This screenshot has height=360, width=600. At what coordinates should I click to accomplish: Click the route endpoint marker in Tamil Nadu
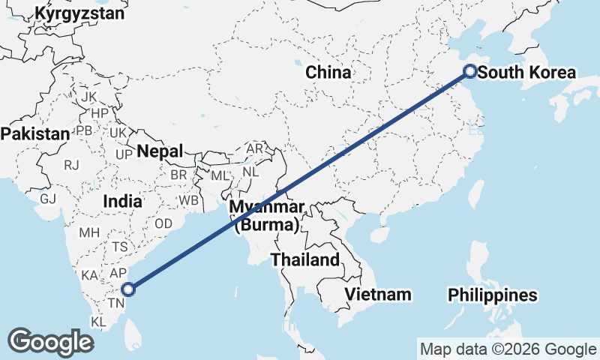128,289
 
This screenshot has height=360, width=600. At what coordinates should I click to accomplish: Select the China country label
328,73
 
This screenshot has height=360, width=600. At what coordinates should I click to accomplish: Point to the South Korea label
526,73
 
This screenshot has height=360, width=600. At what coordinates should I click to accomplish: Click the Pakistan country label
34,133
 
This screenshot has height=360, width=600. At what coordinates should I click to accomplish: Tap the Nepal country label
159,151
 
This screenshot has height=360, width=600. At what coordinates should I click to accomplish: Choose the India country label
123,201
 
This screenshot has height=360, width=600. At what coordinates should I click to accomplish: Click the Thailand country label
305,260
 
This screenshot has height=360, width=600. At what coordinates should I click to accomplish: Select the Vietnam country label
378,294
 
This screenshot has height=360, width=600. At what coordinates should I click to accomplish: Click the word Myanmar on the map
267,207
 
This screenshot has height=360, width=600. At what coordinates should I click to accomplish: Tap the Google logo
50,342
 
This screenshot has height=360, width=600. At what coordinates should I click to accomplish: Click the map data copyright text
508,349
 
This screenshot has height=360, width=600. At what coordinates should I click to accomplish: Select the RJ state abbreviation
71,165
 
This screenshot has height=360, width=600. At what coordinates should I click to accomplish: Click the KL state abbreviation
98,322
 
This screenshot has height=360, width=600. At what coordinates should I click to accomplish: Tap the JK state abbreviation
88,97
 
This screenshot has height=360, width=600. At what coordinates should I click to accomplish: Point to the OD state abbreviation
163,223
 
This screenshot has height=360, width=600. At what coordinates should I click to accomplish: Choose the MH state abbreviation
89,232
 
